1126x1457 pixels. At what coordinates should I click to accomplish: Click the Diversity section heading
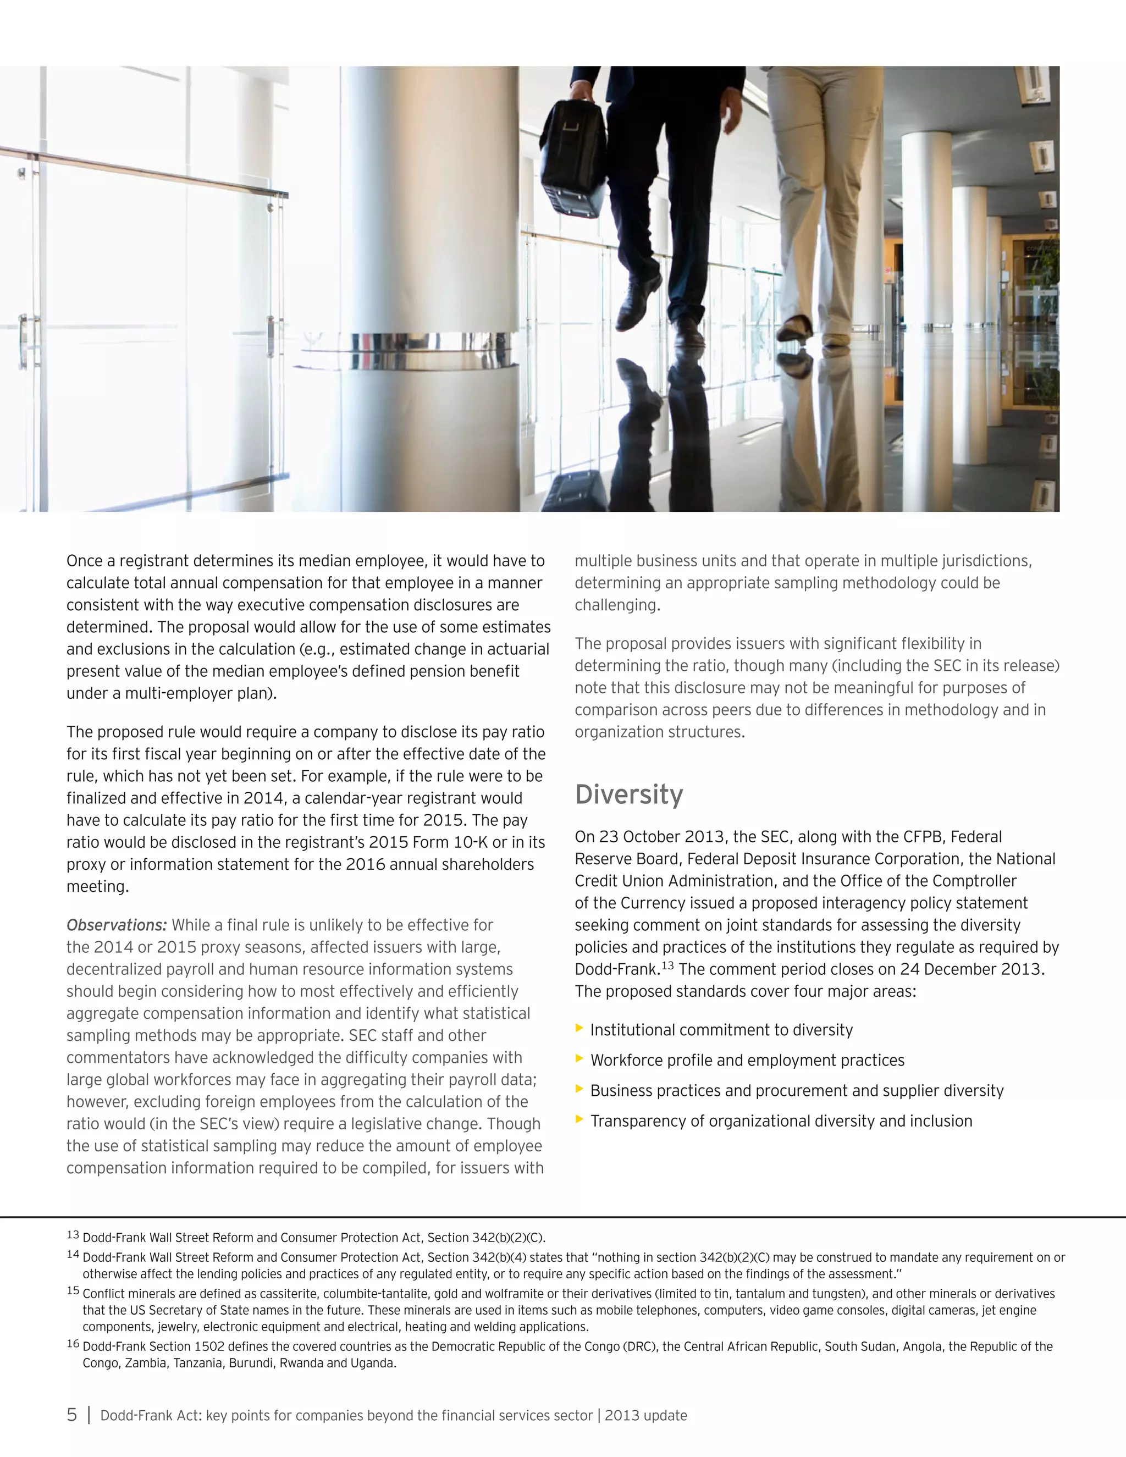628,794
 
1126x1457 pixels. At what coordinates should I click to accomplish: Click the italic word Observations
116,925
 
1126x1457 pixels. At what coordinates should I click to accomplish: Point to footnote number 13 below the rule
73,1235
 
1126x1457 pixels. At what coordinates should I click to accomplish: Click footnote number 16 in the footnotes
73,1344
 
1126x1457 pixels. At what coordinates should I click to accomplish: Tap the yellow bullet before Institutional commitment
579,1029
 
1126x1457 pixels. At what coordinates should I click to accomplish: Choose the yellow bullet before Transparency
579,1119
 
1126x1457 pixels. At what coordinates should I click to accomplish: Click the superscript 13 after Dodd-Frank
667,965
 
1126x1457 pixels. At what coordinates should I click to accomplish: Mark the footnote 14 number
73,1255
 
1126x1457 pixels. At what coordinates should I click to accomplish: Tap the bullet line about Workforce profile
747,1061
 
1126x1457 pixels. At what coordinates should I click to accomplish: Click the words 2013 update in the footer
645,1416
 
